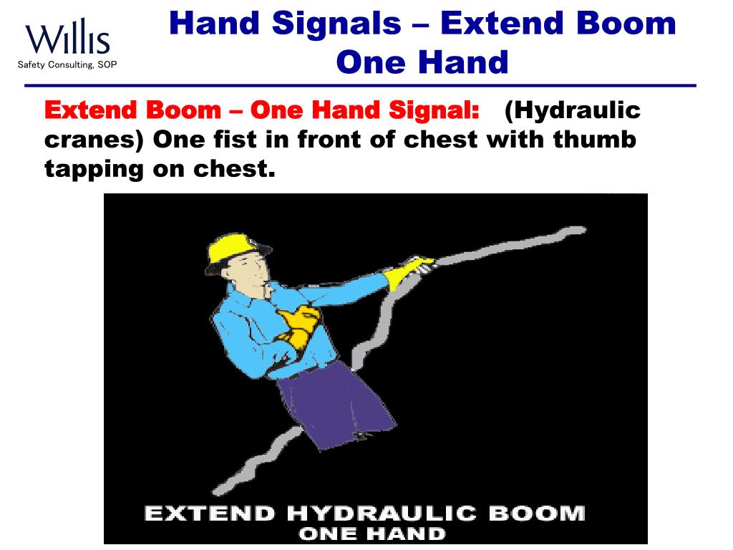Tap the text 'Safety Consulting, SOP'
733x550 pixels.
(x=67, y=65)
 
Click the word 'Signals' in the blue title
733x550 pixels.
(x=336, y=23)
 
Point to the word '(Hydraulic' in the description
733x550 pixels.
(x=572, y=111)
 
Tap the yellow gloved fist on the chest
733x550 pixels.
(x=297, y=326)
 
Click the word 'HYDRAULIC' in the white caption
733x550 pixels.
(x=381, y=513)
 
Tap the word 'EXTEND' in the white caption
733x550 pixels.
(x=210, y=513)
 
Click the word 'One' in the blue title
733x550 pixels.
(x=372, y=62)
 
